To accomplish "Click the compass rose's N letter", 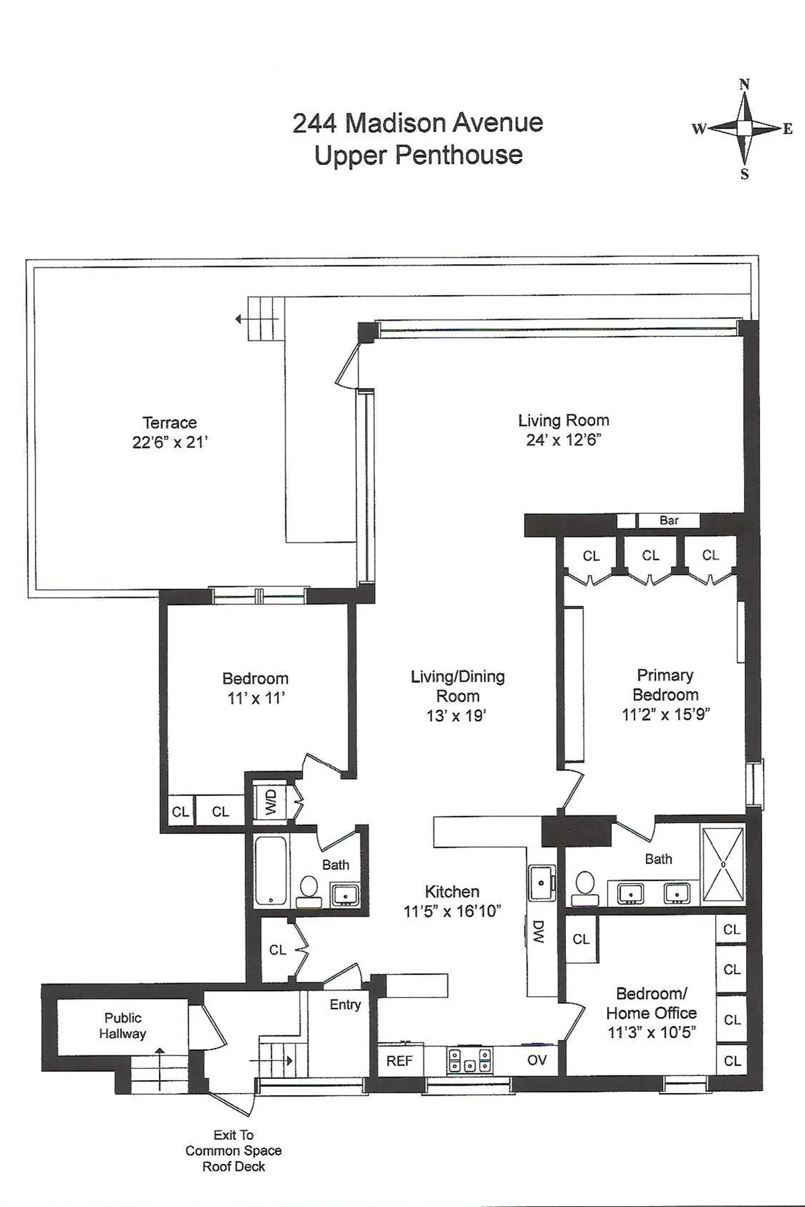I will (744, 85).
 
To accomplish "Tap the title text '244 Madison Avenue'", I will (417, 123).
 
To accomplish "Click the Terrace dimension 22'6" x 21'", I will (170, 442).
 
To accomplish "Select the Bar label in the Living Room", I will (668, 521).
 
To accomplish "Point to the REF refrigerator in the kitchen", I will (399, 1061).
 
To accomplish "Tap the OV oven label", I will (537, 1060).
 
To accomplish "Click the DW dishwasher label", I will (537, 931).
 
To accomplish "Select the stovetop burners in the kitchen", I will (469, 1060).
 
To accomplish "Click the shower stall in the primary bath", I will (722, 864).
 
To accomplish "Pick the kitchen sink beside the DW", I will (541, 882).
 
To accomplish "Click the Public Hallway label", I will (122, 1026).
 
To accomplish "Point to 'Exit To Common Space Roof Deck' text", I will (233, 1151).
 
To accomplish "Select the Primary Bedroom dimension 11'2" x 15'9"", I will (665, 715).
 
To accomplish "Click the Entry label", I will (345, 1004).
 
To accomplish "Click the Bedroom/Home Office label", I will (651, 1003).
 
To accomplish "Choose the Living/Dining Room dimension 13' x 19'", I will (456, 716).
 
